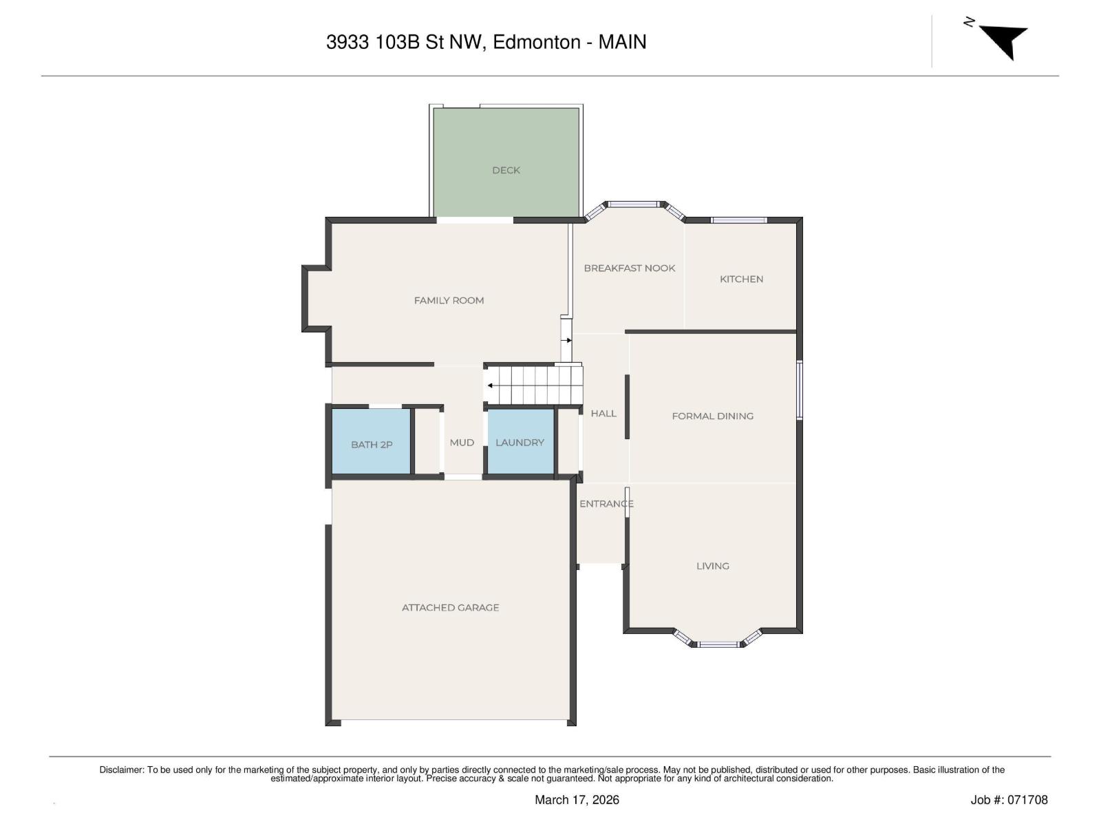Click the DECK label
tap(506, 171)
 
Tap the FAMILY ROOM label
tap(449, 300)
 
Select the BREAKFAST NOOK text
tap(630, 268)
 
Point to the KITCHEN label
tap(741, 279)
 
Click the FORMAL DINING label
tap(712, 416)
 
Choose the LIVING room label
tap(712, 566)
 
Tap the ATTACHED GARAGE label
tap(451, 608)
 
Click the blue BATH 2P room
tap(371, 441)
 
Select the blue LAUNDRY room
tap(521, 441)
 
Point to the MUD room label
tap(462, 443)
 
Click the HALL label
tap(603, 414)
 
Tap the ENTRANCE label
tap(606, 504)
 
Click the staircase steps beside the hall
tap(534, 385)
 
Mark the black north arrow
tap(1003, 41)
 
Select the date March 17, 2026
tap(577, 800)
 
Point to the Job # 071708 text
tap(1009, 800)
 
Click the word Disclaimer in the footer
tap(121, 770)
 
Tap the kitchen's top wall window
tap(739, 220)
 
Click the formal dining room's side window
tap(800, 390)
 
